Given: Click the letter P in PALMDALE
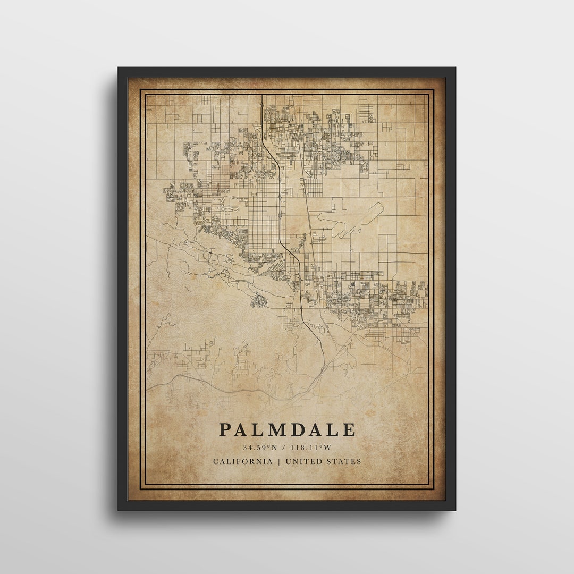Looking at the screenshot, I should (x=225, y=429).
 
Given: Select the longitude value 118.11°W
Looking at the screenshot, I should (x=311, y=448).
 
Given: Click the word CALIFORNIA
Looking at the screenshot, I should (x=243, y=461).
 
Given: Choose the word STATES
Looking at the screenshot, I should (x=343, y=461).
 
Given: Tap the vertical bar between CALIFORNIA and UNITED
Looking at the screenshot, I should (x=279, y=461).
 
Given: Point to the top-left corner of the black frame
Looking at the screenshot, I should (x=119, y=68).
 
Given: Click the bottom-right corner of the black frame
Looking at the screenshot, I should (x=455, y=509).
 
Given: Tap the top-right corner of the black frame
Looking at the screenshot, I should (x=455, y=68).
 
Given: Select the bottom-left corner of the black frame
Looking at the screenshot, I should (x=119, y=509).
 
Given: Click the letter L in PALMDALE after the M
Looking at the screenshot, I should (x=333, y=429).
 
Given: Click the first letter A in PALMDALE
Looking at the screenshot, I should (x=242, y=429).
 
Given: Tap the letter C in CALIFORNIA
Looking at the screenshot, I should (x=216, y=461).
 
